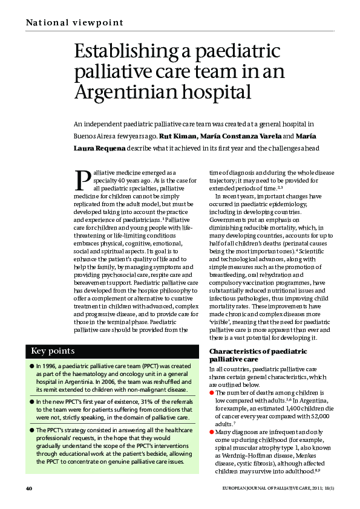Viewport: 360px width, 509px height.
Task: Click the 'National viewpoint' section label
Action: tap(74, 23)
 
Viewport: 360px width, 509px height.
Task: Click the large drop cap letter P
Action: tap(82, 180)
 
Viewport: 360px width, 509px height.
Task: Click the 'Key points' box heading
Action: tap(53, 351)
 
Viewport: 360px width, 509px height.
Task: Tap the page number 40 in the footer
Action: tap(28, 488)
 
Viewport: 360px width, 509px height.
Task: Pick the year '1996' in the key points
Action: tap(48, 366)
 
